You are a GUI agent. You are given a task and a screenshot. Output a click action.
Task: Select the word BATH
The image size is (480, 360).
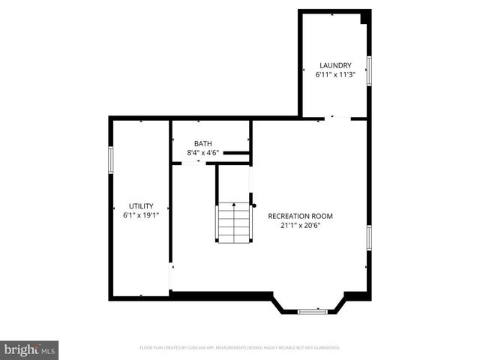[202, 143]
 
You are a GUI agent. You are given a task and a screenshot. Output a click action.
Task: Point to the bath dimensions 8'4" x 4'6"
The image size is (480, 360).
[202, 153]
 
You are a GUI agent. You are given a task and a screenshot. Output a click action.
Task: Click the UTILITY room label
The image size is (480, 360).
[141, 205]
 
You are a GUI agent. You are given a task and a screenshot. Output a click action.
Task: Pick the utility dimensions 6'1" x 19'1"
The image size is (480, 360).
[141, 214]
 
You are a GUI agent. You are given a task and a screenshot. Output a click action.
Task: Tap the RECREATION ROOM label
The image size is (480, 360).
[300, 216]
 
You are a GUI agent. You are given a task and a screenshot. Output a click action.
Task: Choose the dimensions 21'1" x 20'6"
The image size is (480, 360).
[300, 225]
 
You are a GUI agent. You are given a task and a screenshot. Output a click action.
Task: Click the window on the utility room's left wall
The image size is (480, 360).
[111, 159]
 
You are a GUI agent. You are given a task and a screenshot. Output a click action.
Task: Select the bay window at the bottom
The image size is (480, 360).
[312, 310]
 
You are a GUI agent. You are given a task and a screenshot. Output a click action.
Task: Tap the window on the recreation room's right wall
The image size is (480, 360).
[368, 237]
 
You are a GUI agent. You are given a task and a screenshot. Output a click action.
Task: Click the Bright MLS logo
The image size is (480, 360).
[29, 349]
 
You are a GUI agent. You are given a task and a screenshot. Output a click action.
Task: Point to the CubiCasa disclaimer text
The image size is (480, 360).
[240, 348]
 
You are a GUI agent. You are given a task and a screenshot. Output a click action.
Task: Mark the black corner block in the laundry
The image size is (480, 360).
[364, 17]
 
